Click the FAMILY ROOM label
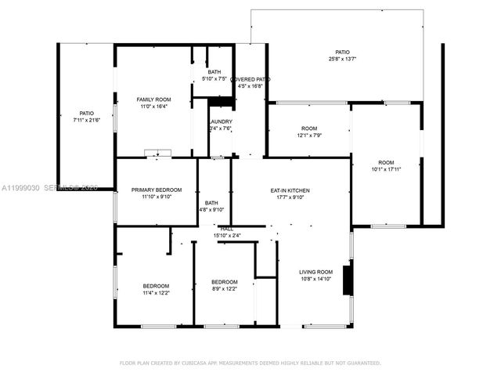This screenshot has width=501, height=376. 153,99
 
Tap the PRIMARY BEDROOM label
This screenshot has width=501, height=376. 157,190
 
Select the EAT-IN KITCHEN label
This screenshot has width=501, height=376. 290,190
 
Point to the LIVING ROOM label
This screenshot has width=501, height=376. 315,273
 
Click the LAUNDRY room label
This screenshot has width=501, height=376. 220,122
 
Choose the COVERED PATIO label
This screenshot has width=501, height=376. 250,79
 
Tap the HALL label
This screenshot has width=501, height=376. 227,228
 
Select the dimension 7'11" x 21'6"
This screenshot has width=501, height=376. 87,120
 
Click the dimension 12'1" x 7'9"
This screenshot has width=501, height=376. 309,136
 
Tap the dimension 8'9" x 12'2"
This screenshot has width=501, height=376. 224,289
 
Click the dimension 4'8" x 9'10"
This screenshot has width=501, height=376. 211,209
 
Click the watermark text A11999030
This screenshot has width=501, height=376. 20,188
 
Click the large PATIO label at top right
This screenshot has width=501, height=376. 342,52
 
